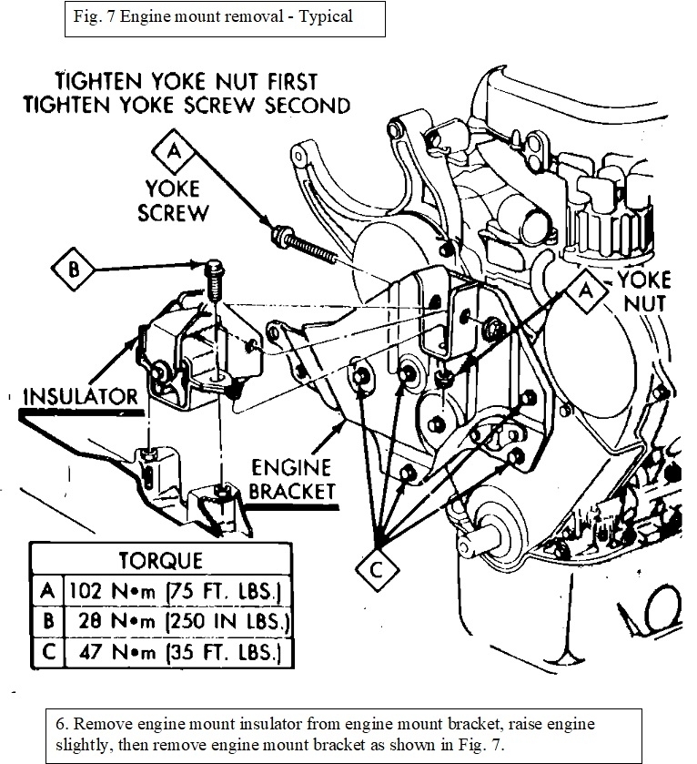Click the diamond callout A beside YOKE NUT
click(588, 289)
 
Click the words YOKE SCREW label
click(177, 200)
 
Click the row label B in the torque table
click(48, 622)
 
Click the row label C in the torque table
click(48, 653)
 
